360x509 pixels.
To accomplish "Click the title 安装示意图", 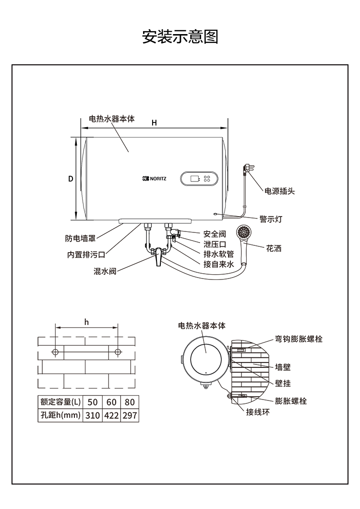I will [180, 37].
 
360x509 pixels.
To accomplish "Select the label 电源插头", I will [280, 191].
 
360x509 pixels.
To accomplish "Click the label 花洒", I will [274, 249].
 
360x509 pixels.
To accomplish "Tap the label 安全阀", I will [214, 234].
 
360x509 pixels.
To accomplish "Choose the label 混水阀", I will [105, 271].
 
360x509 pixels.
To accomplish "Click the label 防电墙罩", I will [80, 238].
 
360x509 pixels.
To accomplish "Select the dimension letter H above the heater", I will [154, 123].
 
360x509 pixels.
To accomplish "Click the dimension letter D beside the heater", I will [70, 179].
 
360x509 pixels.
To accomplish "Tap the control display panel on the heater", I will [201, 179].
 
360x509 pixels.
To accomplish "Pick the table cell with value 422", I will [111, 415].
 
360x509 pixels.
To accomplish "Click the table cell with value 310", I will [93, 415].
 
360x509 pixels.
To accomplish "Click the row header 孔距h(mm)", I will [60, 415].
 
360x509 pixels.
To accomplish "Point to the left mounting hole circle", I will [56, 352].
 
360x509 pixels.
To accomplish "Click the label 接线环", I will [258, 412].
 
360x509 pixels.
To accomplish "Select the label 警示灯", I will [271, 219].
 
